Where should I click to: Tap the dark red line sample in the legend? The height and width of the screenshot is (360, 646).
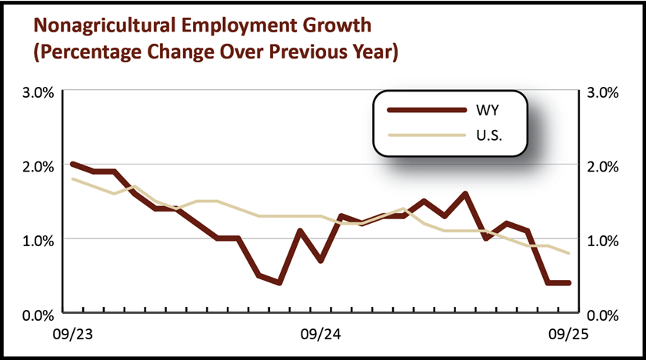pyautogui.click(x=428, y=111)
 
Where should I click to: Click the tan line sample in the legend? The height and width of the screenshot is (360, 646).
pyautogui.click(x=428, y=135)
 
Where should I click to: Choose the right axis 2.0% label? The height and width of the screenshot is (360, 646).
pyautogui.click(x=602, y=166)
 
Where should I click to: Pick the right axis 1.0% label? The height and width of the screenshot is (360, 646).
pyautogui.click(x=602, y=240)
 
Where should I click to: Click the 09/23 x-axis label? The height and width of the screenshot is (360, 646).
pyautogui.click(x=72, y=335)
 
